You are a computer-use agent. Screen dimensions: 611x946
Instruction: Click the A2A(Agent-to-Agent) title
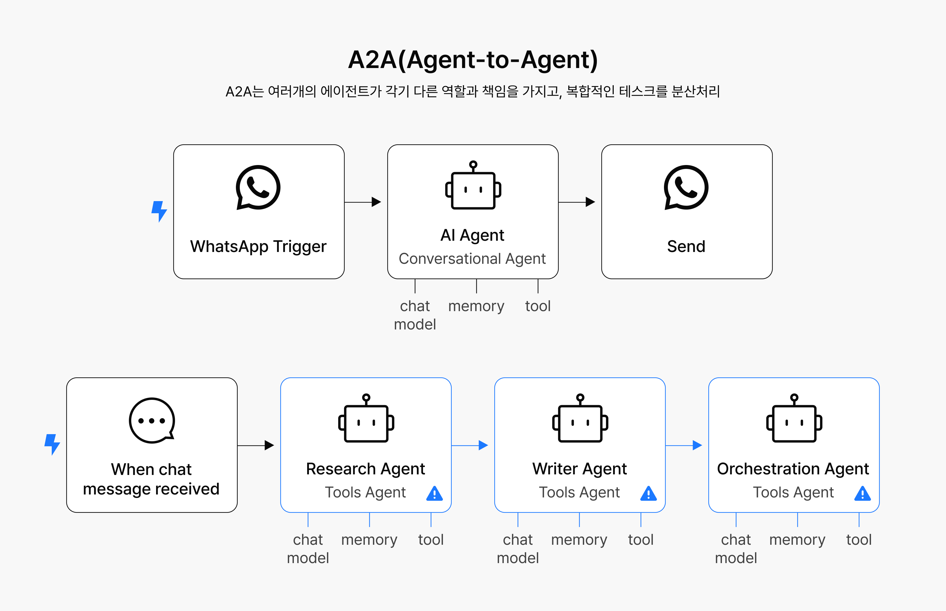473,60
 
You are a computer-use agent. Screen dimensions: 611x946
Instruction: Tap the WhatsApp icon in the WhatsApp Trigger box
258,187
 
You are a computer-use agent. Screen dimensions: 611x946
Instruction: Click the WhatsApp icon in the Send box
686,187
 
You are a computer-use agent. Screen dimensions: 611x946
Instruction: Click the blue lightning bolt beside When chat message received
52,444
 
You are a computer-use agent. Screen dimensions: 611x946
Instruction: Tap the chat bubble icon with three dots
152,421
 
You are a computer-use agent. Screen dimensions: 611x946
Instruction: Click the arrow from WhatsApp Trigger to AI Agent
363,202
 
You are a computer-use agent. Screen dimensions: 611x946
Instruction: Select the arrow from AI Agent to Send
577,202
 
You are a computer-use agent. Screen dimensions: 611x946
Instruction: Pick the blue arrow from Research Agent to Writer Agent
470,445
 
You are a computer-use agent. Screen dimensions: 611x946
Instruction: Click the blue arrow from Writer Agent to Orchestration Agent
684,445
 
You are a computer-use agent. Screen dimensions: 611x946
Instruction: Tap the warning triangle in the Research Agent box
435,494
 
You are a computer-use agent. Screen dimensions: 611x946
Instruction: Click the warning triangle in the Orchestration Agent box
862,494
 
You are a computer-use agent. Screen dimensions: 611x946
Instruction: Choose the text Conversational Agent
472,259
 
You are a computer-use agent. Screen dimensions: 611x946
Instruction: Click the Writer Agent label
580,469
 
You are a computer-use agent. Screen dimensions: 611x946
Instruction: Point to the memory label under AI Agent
476,306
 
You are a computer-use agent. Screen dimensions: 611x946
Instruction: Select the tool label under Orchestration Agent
859,540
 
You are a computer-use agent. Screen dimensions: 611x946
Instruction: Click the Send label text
686,246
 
